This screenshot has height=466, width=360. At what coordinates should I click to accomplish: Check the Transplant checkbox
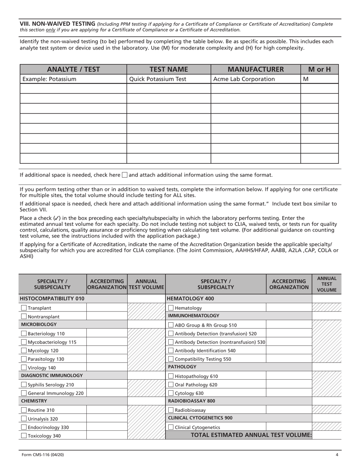pyautogui.click(x=24, y=308)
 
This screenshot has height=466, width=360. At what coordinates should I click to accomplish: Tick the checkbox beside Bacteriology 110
pyautogui.click(x=24, y=333)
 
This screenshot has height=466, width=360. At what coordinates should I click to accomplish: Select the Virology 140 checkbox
pyautogui.click(x=24, y=367)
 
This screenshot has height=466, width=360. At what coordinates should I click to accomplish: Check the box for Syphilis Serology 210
pyautogui.click(x=24, y=385)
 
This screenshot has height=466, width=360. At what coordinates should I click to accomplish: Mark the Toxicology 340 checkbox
pyautogui.click(x=24, y=436)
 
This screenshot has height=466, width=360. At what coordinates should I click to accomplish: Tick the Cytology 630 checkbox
pyautogui.click(x=171, y=393)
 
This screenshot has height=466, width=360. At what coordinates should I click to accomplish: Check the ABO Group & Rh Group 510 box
pyautogui.click(x=171, y=325)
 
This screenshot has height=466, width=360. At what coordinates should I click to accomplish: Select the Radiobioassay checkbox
pyautogui.click(x=171, y=410)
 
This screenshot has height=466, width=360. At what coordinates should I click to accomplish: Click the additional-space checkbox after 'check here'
pyautogui.click(x=125, y=175)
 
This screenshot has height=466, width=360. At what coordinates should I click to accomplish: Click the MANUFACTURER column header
pyautogui.click(x=255, y=69)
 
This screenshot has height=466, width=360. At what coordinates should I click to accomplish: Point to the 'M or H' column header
pyautogui.click(x=319, y=69)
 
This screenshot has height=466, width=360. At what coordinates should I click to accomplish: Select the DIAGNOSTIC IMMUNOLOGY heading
pyautogui.click(x=52, y=375)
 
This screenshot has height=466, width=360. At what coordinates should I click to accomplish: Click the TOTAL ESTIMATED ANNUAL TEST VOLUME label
pyautogui.click(x=251, y=435)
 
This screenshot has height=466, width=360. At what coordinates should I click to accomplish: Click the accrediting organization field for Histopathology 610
pyautogui.click(x=289, y=376)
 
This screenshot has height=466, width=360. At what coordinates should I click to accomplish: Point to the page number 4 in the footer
pyautogui.click(x=337, y=455)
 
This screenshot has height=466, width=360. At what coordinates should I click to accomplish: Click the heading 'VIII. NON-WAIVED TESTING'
pyautogui.click(x=57, y=24)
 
